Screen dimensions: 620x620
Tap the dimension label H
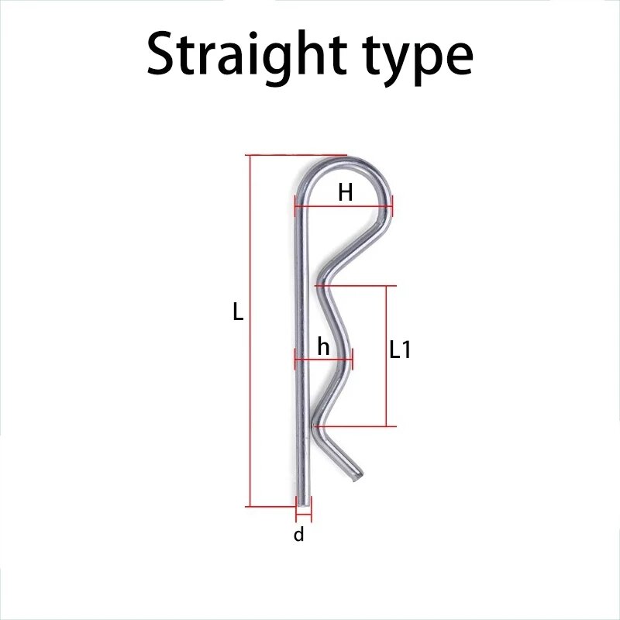(x=345, y=193)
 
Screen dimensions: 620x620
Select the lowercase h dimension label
(x=323, y=346)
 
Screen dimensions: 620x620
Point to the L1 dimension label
(x=400, y=350)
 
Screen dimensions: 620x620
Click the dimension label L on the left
(x=238, y=312)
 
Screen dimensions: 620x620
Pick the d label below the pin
(x=299, y=534)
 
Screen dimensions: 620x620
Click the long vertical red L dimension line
(x=250, y=331)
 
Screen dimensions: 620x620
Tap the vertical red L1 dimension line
(x=386, y=356)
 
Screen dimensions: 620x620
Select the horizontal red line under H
(x=343, y=206)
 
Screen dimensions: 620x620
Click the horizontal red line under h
(x=324, y=360)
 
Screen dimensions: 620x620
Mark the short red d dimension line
(x=304, y=515)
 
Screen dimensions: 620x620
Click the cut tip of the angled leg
(x=358, y=476)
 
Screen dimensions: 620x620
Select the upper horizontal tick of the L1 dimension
(x=356, y=285)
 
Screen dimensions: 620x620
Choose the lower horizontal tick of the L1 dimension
(x=355, y=426)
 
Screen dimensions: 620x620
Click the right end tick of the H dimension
(x=392, y=206)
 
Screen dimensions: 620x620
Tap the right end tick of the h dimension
(x=353, y=360)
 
